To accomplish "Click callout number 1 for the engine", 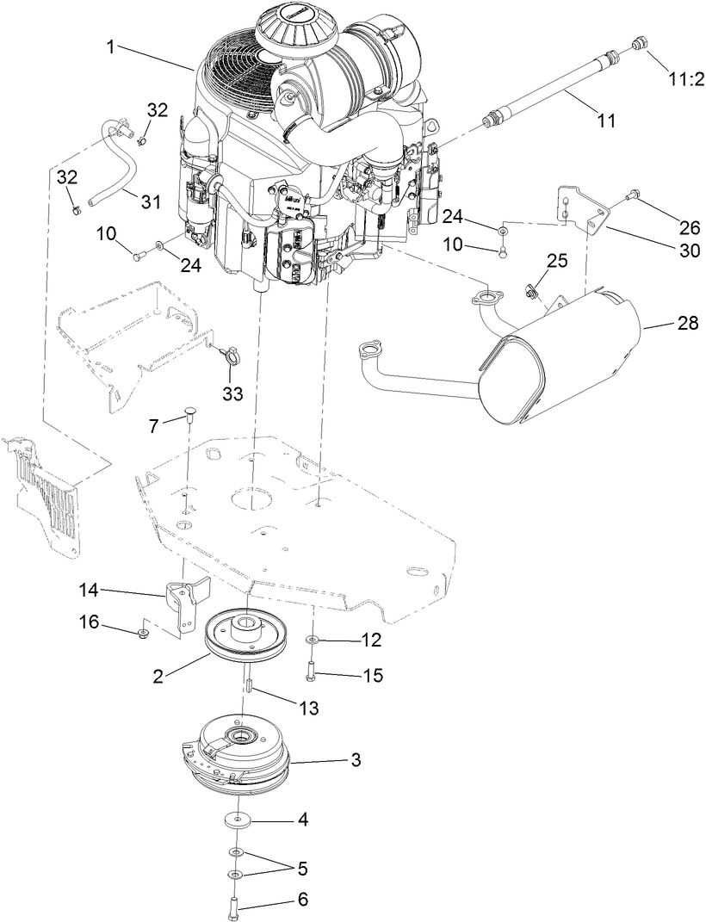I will [x=111, y=46].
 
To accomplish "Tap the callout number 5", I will [x=302, y=865].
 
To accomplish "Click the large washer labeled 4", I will [x=238, y=820].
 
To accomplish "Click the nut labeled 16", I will [x=140, y=635].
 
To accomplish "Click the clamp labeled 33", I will [x=229, y=353].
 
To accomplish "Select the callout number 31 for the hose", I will [x=151, y=201].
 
